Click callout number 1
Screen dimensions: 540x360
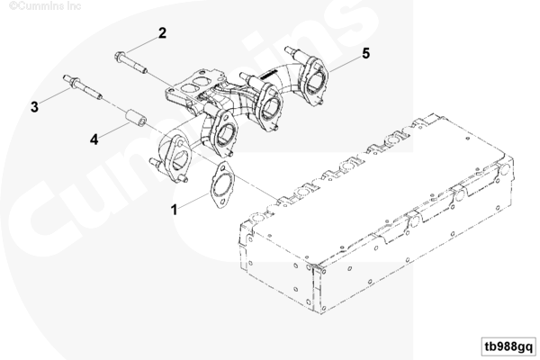click(175, 210)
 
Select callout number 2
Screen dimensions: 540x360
click(162, 33)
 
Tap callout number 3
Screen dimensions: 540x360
click(34, 107)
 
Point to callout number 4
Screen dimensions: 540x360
click(94, 139)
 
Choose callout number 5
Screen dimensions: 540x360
click(365, 53)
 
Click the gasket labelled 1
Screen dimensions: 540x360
click(221, 185)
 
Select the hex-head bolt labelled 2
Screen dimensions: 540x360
click(130, 63)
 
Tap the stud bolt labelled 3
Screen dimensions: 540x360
click(82, 86)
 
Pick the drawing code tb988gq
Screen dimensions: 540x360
click(508, 346)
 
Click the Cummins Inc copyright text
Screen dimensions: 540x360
click(45, 6)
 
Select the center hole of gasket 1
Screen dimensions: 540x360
click(221, 184)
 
